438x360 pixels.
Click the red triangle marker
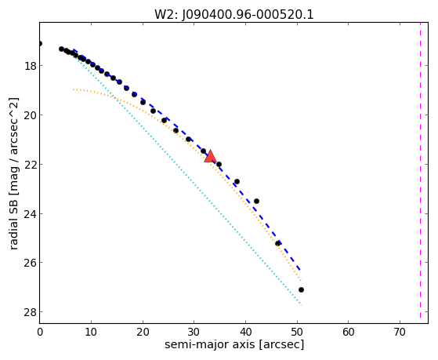click(210, 156)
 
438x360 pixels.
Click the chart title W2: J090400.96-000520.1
click(234, 14)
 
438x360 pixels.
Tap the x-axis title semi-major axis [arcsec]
click(234, 344)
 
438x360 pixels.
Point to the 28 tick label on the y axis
click(29, 312)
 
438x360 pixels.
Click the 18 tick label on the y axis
click(29, 66)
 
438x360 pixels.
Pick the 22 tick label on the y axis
click(29, 164)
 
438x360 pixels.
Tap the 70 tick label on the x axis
click(400, 332)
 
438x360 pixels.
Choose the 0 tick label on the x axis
click(40, 332)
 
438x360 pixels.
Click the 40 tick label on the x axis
click(245, 332)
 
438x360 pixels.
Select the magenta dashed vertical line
click(420, 170)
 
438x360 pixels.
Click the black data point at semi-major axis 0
click(40, 43)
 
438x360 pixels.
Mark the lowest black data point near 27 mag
click(301, 289)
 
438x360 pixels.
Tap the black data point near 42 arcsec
click(256, 201)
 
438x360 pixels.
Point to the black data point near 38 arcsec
click(237, 181)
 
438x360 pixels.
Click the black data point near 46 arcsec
click(277, 244)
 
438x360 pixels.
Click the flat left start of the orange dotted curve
click(74, 89)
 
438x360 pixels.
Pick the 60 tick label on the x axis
click(349, 332)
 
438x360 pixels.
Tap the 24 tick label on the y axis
click(29, 213)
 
